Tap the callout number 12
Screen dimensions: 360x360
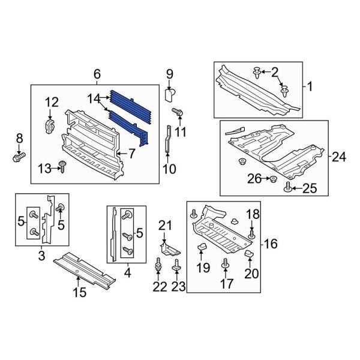[52, 102]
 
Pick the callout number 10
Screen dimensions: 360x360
[169, 169]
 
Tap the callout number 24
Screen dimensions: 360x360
[339, 157]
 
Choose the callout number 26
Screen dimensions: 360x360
[254, 179]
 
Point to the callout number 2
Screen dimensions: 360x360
[275, 73]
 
